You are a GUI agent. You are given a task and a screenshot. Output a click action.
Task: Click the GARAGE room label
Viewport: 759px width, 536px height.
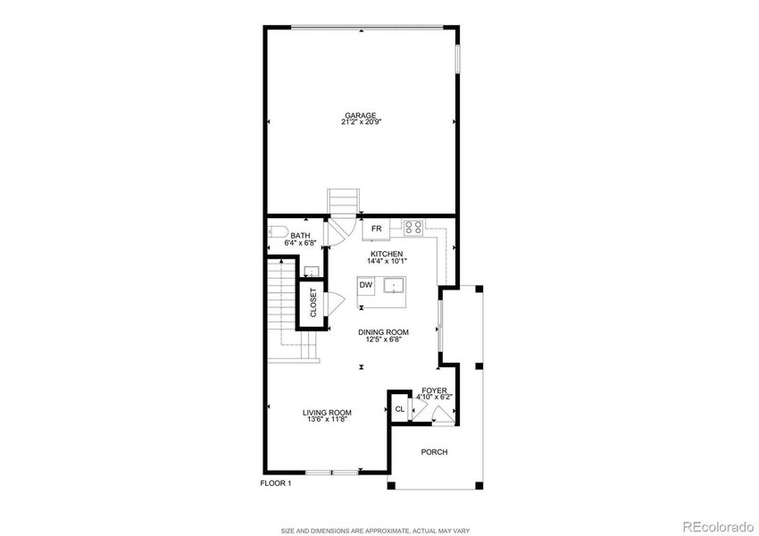[x=361, y=114]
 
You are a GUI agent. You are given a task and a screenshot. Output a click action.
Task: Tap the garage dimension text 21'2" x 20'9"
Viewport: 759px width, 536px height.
[x=361, y=121]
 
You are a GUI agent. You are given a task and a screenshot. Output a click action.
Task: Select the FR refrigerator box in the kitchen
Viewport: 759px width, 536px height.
[x=376, y=230]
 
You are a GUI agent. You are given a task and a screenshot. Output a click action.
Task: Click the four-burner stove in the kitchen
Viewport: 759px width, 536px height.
[x=413, y=228]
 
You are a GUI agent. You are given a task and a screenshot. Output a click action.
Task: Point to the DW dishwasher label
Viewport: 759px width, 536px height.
[x=365, y=286]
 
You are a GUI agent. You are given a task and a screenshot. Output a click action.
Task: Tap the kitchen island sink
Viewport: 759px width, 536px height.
[x=394, y=286]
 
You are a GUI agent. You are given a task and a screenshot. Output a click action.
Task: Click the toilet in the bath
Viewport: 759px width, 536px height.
[x=273, y=237]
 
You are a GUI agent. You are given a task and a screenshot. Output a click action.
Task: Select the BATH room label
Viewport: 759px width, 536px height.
[x=300, y=236]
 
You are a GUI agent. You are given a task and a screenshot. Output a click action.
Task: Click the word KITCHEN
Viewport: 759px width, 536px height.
[x=388, y=255]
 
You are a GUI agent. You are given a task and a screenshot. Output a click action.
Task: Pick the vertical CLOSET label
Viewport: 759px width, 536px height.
[x=313, y=303]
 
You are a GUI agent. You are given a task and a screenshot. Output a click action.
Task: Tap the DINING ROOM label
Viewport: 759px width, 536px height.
[x=383, y=332]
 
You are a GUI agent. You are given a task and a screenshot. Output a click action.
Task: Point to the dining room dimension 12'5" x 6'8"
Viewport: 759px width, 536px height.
[x=383, y=339]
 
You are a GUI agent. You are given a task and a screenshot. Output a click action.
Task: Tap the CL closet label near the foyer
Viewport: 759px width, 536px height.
[x=400, y=409]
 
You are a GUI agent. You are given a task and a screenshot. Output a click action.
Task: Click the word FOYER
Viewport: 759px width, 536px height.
[x=435, y=390]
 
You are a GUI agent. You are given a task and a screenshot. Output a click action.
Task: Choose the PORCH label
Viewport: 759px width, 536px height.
[x=435, y=452]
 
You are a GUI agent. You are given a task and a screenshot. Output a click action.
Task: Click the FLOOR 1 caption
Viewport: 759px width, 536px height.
[x=276, y=483]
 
